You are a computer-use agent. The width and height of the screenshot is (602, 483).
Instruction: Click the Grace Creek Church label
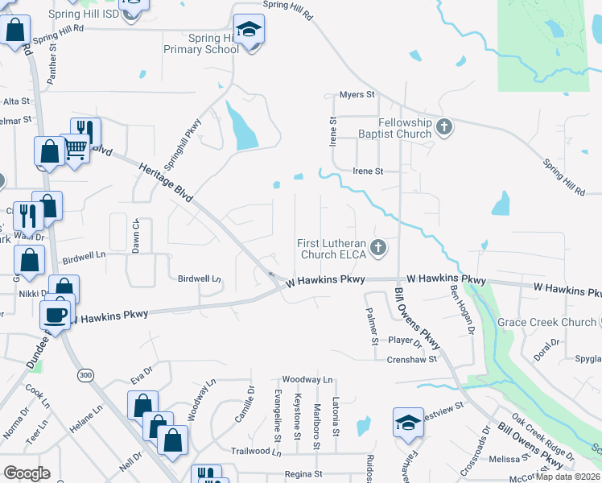pos(547,322)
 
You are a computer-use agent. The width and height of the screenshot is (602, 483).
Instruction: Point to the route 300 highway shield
pos(85,376)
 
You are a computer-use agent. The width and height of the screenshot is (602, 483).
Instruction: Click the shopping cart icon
pos(76,148)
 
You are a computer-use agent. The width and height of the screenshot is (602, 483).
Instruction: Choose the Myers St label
pos(357,95)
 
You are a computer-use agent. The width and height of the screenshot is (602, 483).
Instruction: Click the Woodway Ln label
pos(307,379)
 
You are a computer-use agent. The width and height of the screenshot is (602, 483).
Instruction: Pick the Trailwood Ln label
pos(256,452)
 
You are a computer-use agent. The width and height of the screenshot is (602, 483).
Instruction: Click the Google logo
pos(27,473)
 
